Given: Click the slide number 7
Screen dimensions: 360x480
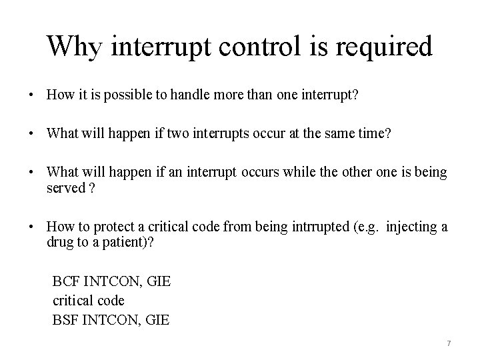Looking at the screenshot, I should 449,343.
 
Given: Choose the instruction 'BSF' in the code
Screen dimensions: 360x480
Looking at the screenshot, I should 65,320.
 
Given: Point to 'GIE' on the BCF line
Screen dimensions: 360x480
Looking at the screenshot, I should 158,281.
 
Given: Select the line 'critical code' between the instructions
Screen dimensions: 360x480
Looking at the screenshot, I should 88,301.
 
